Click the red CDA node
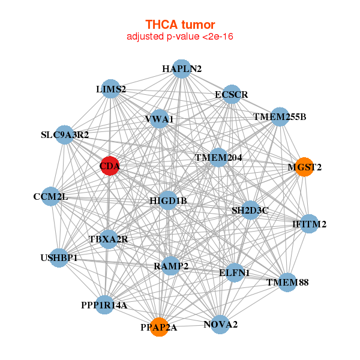[x=109, y=166]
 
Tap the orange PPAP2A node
[x=159, y=326]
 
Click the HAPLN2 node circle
[x=181, y=69]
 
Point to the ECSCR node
[x=232, y=94]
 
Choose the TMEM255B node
[x=280, y=116]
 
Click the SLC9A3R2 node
[x=64, y=135]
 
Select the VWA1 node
[x=159, y=119]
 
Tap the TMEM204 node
[x=218, y=158]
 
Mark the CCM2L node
[x=51, y=197]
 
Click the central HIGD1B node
[x=168, y=200]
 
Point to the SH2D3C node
[x=250, y=210]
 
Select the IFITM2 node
[x=309, y=224]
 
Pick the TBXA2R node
[x=109, y=239]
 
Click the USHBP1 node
[x=59, y=258]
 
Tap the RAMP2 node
[x=171, y=266]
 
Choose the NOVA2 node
[x=220, y=325]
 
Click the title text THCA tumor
[x=180, y=25]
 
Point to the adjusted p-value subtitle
[x=180, y=37]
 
